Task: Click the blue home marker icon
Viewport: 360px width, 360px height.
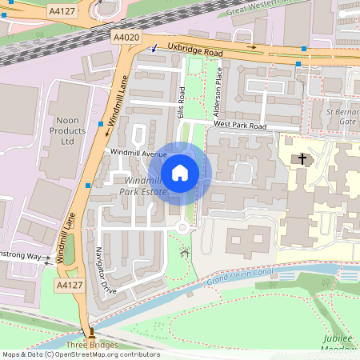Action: pos(180,171)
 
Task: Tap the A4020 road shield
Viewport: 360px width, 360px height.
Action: pos(125,38)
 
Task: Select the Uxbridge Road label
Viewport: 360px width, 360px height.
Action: pos(194,51)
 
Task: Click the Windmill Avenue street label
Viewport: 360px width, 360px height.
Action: pos(138,153)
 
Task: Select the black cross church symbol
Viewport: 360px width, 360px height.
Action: pos(302,158)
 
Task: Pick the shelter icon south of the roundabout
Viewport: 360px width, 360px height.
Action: pos(186,253)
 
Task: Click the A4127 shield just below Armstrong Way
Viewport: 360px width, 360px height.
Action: pos(68,285)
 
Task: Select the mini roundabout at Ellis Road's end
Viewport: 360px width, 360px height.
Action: pos(184,229)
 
